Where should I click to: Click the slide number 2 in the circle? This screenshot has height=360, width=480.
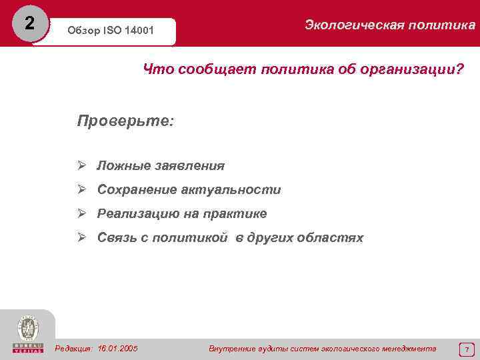click(28, 23)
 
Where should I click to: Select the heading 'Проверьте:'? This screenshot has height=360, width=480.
click(125, 121)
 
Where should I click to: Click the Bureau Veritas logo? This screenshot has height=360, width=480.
click(27, 334)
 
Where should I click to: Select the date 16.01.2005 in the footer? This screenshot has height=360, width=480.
click(117, 348)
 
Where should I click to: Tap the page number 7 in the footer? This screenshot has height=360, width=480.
click(467, 349)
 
